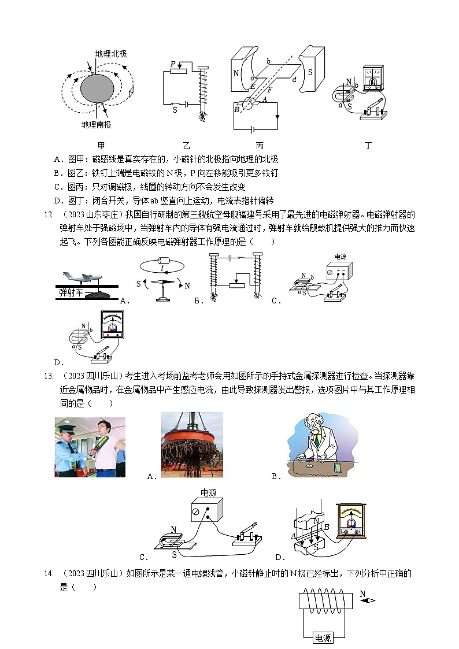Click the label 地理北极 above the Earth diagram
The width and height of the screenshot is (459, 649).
point(111,53)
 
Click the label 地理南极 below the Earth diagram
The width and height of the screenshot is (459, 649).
point(97,124)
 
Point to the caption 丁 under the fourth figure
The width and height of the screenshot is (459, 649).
point(368,146)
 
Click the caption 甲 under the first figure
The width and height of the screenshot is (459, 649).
point(102,146)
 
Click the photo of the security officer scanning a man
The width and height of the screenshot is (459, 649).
point(90,447)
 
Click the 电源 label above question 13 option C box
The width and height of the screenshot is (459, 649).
point(208,493)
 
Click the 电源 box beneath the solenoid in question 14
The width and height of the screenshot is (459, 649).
point(323,638)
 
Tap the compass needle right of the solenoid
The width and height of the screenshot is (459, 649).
point(367,600)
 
